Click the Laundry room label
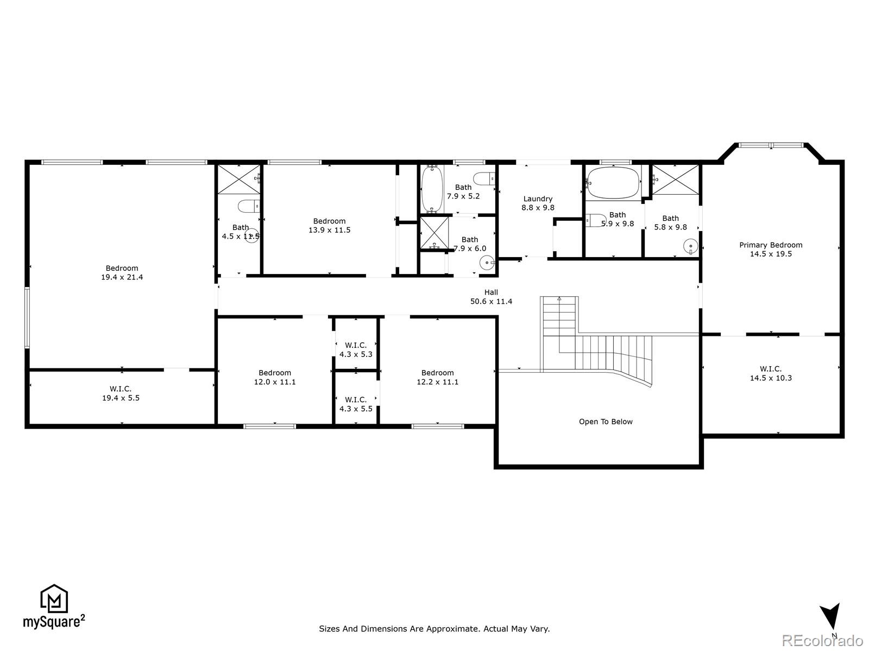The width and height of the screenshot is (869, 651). point(538,199)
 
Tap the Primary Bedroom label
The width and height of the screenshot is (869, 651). point(770,245)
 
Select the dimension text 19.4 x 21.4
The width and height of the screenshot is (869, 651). point(122,277)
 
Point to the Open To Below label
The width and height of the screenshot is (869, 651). point(606,422)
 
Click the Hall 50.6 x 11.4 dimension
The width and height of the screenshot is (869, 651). point(491,302)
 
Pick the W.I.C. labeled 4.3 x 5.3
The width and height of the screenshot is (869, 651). point(356,350)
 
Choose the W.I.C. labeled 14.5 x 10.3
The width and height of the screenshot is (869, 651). point(771,373)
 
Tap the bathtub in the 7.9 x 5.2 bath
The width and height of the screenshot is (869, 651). point(433,188)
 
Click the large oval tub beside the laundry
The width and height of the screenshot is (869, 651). point(613,183)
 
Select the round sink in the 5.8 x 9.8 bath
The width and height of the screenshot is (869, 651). point(690,247)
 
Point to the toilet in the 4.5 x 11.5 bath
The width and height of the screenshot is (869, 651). point(250,206)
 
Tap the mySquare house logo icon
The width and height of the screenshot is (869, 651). point(54,599)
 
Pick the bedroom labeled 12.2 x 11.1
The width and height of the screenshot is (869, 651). point(437,377)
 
